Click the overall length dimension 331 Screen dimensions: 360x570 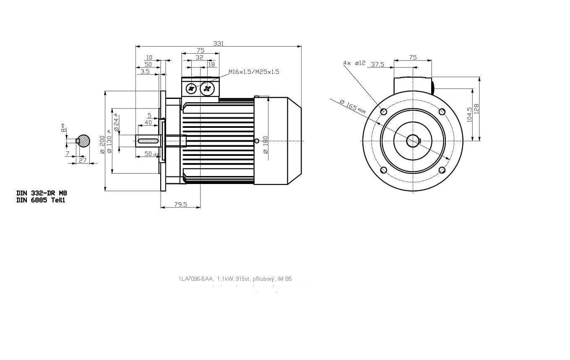click(219, 43)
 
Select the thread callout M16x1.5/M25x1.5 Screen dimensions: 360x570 click(254, 72)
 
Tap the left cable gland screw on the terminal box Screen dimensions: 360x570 click(191, 88)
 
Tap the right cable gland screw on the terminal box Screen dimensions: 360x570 click(207, 88)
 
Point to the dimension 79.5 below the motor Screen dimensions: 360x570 click(180, 205)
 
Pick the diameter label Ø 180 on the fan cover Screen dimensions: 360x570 click(265, 145)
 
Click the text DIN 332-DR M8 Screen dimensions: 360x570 click(42, 193)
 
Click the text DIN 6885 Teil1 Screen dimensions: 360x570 click(41, 200)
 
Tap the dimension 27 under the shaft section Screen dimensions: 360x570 click(83, 160)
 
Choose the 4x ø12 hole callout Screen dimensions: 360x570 click(354, 63)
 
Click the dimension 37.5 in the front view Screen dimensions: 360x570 click(377, 64)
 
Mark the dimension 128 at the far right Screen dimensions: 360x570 click(476, 109)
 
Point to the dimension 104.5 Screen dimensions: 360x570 click(469, 114)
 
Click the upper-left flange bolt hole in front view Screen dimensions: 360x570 click(383, 111)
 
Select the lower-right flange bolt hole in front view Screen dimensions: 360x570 click(442, 170)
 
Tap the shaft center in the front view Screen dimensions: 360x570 click(413, 141)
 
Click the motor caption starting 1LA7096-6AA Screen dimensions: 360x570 click(235, 279)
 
